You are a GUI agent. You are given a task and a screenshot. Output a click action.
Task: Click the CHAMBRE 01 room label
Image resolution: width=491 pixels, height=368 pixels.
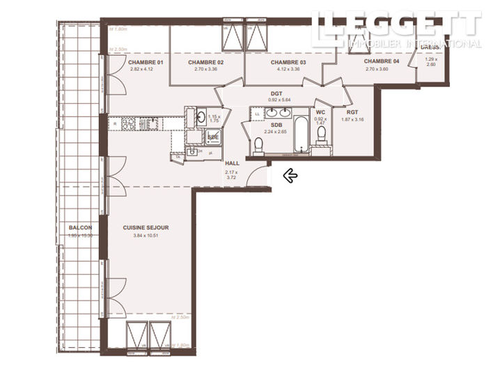point(145,63)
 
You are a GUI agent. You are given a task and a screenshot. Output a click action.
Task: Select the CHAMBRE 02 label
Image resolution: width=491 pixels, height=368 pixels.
point(205,62)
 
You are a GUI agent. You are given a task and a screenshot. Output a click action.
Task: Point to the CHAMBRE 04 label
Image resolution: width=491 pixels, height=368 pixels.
point(382,62)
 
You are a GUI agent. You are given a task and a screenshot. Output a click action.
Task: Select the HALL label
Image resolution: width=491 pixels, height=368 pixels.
point(232,162)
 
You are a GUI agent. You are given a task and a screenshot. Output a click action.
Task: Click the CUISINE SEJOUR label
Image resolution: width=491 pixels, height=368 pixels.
point(146,227)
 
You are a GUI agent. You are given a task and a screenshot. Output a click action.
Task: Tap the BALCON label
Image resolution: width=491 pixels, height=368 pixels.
point(80,227)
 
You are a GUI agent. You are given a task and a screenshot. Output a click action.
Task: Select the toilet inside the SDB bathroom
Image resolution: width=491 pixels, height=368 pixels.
point(258,144)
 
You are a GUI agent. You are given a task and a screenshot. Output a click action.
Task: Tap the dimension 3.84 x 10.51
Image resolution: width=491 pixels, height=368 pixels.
point(146,235)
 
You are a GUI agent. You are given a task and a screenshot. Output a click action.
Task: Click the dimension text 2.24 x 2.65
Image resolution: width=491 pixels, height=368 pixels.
point(275,131)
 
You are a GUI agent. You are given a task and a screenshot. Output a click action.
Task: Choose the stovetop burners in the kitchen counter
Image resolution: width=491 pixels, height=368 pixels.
point(130,124)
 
